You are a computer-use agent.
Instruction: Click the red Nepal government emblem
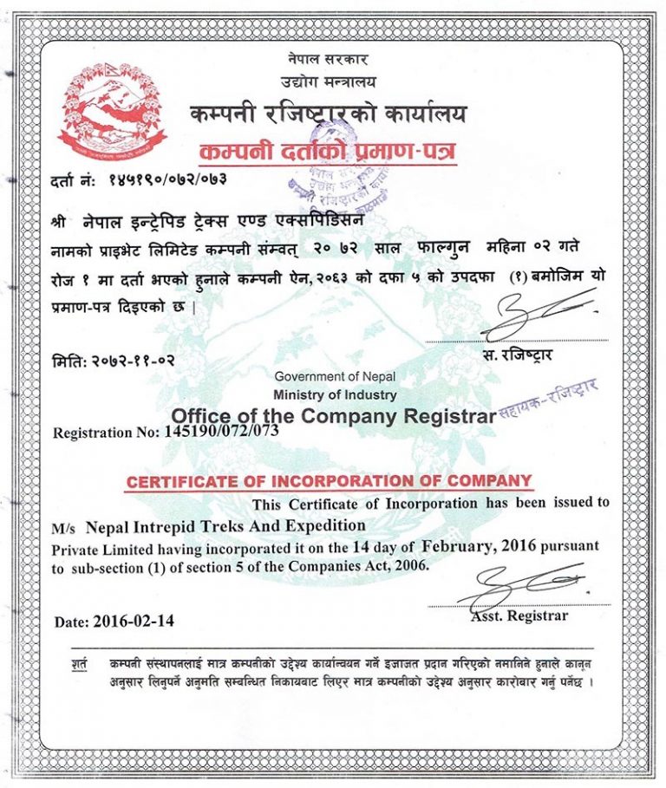[110, 108]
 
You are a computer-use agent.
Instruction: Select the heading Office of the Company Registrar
[333, 414]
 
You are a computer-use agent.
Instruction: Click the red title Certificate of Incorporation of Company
[328, 481]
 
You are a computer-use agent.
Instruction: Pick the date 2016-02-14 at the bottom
[137, 621]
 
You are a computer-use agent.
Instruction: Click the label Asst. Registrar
[519, 616]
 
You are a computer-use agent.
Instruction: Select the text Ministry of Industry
[334, 394]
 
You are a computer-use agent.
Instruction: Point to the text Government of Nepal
[334, 376]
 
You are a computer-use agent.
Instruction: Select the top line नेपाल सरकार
[327, 60]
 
